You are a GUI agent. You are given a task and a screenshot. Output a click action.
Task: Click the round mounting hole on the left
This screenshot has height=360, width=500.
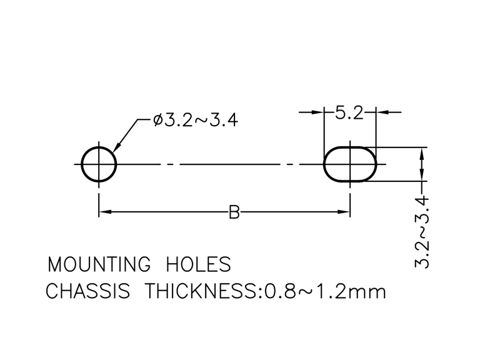(99, 164)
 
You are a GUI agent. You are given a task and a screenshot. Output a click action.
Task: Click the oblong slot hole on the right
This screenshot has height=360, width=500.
(351, 164)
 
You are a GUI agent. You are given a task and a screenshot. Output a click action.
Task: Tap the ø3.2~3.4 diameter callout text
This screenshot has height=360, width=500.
(194, 120)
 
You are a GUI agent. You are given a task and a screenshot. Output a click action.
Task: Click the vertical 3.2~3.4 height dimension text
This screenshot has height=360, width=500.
(423, 232)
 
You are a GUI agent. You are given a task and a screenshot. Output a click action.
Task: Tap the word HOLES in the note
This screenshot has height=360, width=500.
(198, 264)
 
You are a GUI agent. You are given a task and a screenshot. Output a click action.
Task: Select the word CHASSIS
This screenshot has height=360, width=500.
(89, 291)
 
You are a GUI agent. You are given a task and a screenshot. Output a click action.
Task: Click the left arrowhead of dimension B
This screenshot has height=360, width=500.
(105, 212)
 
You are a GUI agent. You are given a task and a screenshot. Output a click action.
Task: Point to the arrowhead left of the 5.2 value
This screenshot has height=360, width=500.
(319, 112)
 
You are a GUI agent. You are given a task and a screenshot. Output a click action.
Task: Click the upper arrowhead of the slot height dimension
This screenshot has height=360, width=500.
(423, 154)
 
